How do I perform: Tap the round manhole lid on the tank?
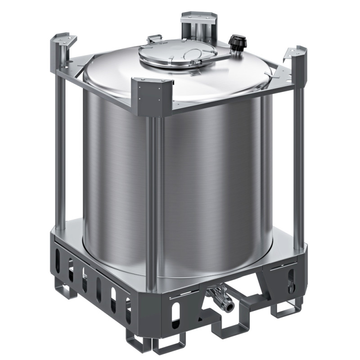tap(177, 56)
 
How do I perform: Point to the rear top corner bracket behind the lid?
tap(198, 20)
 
